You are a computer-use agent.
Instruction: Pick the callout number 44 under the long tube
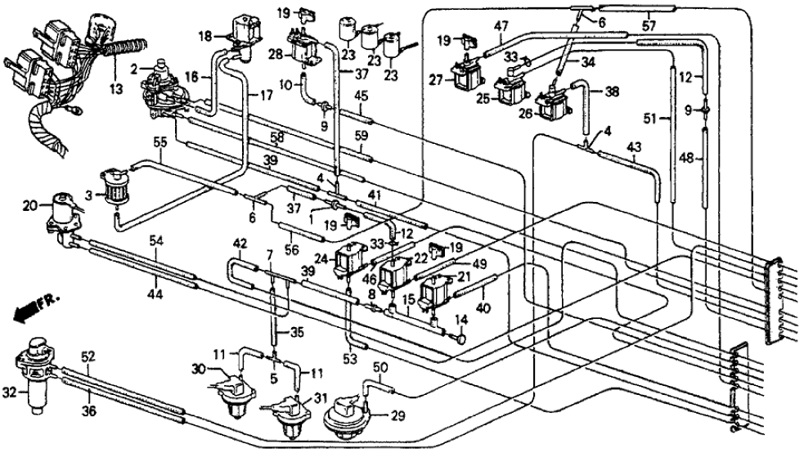(x=156, y=292)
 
